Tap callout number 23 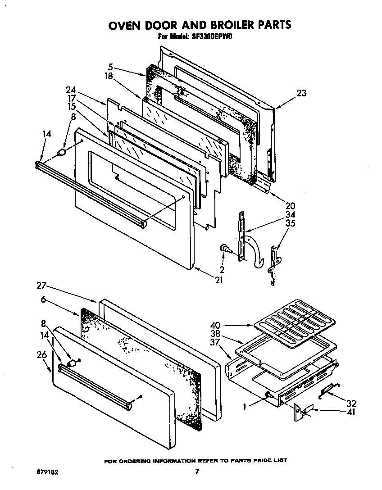coord(301,93)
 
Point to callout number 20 coord(277,206)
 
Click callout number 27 coord(41,286)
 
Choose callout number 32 coord(351,403)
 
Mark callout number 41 coord(351,411)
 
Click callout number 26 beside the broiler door coord(41,356)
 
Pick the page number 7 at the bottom coord(197,472)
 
